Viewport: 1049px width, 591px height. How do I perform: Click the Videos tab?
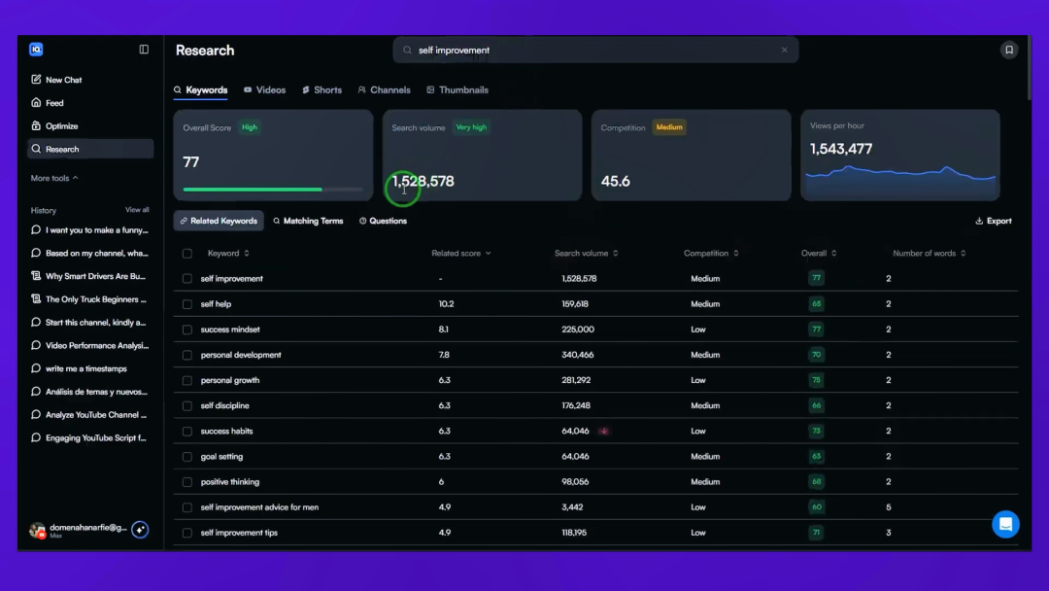[x=265, y=89]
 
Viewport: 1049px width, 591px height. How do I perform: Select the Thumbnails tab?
[x=457, y=89]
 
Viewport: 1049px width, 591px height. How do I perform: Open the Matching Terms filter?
[x=308, y=221]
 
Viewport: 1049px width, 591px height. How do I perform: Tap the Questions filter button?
[x=384, y=221]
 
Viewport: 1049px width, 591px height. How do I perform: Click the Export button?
[x=994, y=221]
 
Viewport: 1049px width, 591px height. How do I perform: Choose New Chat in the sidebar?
[x=57, y=80]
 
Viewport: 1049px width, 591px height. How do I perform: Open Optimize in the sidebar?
[x=54, y=125]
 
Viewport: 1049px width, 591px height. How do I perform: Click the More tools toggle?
[x=54, y=178]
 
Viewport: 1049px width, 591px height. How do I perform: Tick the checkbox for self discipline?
[x=187, y=405]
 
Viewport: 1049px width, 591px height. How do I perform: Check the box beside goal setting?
[x=187, y=457]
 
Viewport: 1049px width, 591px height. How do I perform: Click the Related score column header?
[x=461, y=253]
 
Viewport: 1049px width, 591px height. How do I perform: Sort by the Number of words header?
[x=930, y=253]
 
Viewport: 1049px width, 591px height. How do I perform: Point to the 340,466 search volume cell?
[x=578, y=355]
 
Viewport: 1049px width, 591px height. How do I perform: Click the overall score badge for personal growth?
[x=816, y=380]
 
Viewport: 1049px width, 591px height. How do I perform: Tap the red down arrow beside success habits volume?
[x=604, y=431]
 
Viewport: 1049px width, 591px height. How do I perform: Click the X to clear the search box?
[x=785, y=51]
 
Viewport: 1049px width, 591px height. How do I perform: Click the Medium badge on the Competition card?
[x=669, y=127]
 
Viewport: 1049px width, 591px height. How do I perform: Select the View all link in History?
[x=137, y=210]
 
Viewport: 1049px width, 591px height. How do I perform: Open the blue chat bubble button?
[x=1005, y=525]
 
